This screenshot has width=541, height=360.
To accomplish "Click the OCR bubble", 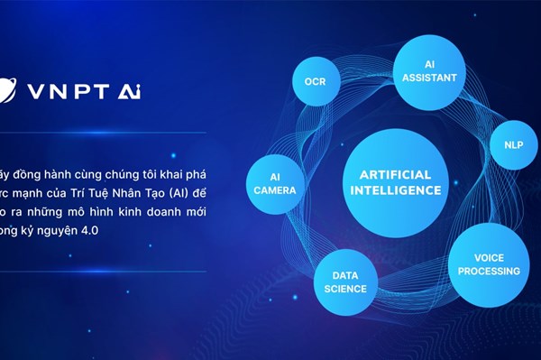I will click(315, 81).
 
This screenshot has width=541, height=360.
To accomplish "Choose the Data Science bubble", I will click(345, 282).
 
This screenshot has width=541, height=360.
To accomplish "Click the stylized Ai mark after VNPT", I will click(125, 91).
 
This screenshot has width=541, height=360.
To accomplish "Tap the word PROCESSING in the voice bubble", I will click(487, 271).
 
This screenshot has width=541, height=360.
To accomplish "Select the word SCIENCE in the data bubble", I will click(345, 289).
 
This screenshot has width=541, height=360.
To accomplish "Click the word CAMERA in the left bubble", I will click(275, 190).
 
